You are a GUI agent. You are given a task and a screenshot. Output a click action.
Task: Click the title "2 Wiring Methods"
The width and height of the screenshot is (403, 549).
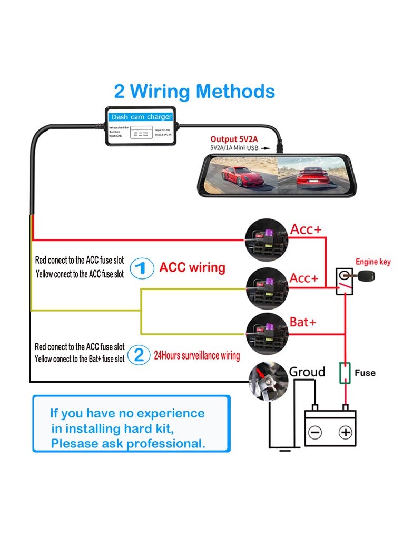[194, 91]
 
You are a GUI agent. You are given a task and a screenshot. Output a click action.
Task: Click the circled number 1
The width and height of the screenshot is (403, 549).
[140, 268]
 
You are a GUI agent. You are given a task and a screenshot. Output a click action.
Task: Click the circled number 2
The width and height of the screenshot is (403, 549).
[140, 354]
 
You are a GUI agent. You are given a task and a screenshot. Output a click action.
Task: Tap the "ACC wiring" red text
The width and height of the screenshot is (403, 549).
[192, 267]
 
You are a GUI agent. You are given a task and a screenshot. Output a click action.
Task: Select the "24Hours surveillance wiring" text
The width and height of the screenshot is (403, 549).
[196, 355]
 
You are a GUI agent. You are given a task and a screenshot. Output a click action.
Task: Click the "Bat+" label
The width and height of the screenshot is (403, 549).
[303, 322]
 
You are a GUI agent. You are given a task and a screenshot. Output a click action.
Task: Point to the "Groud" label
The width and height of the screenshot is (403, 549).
[307, 372]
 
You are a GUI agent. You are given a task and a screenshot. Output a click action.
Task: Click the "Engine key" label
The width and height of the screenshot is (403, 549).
[372, 262]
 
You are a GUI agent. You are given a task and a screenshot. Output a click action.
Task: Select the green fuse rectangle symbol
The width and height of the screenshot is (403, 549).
[345, 373]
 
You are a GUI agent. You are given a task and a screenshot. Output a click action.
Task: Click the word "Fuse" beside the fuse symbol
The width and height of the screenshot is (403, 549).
[365, 373]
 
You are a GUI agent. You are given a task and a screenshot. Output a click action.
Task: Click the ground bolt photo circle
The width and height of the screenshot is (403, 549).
[267, 380]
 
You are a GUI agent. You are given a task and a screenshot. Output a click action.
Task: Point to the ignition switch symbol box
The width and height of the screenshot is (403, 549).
[344, 279]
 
